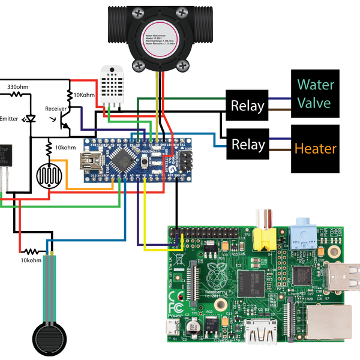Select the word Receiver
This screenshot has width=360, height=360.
[x=59, y=109]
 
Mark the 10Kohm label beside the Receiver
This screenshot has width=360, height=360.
[x=83, y=94]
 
